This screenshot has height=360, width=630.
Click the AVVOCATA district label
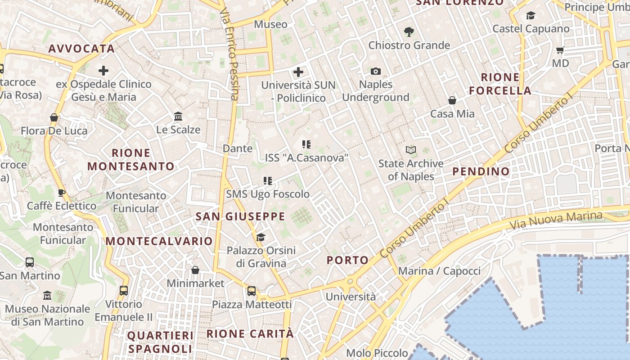[x=81, y=49]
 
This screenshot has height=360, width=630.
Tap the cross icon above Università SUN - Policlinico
[x=298, y=72]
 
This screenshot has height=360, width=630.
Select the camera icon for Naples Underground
[x=375, y=71]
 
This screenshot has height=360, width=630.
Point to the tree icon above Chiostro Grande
[x=409, y=32]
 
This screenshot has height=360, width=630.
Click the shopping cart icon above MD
[x=560, y=50]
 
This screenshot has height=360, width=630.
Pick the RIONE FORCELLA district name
[x=500, y=84]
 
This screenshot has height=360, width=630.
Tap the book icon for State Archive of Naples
[x=410, y=150]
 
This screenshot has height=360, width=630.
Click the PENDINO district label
[x=481, y=171]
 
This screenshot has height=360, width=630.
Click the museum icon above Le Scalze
[x=178, y=117]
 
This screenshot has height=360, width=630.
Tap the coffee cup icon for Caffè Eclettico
[x=62, y=193]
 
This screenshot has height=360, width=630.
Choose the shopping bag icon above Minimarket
[x=195, y=270]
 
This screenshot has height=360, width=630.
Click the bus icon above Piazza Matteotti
[x=252, y=291]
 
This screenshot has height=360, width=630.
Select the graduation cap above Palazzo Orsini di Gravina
[x=261, y=237]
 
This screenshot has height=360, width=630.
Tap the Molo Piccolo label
[x=377, y=353]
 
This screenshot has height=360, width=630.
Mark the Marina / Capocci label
[x=439, y=271]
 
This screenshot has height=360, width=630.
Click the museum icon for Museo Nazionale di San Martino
[x=47, y=296]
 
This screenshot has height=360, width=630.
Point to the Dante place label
[x=238, y=148]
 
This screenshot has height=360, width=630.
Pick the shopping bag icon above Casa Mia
[x=452, y=100]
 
